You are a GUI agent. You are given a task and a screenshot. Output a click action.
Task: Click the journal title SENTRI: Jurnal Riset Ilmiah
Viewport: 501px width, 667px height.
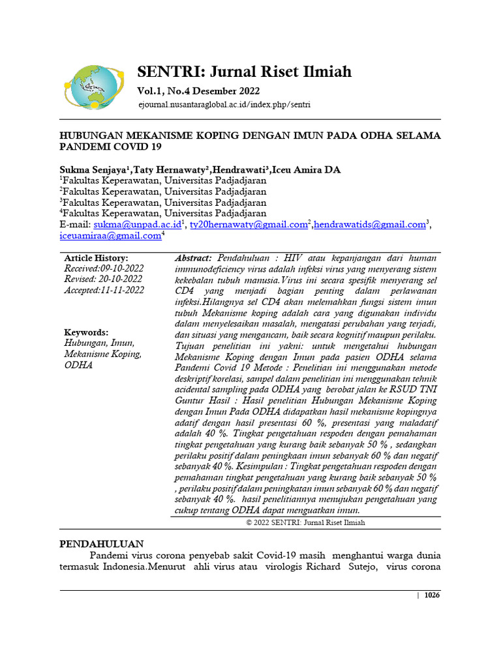[x=244, y=72]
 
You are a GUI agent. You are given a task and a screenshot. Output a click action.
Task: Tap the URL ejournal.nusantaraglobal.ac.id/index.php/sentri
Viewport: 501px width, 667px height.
[x=224, y=104]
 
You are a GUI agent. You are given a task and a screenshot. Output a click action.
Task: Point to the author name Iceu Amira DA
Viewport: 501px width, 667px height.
[x=306, y=170]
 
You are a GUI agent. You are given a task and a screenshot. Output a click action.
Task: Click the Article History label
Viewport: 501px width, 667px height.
[x=96, y=259]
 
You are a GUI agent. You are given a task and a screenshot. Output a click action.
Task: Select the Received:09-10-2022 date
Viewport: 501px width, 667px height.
[x=104, y=268]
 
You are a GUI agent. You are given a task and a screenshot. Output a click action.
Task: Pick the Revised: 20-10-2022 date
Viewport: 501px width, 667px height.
[x=103, y=279]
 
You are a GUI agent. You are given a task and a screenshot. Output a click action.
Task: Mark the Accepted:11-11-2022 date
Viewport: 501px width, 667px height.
[x=104, y=291]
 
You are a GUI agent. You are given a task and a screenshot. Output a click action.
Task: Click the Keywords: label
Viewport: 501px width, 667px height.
[x=86, y=332]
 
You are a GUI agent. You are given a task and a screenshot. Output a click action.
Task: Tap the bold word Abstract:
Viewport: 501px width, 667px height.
[x=193, y=259]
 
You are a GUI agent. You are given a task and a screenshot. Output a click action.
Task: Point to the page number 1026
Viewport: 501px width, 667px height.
[x=432, y=595]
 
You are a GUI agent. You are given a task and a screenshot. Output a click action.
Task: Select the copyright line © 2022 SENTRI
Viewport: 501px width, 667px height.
[x=305, y=522]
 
